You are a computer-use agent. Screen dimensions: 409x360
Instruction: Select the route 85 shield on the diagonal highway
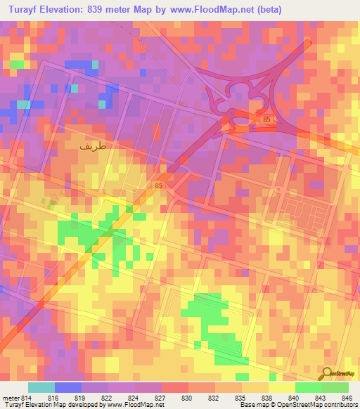(x=159, y=186)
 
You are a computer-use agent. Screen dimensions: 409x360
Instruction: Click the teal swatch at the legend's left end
(x=41, y=387)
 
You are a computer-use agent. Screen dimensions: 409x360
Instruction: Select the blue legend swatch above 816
(x=67, y=387)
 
